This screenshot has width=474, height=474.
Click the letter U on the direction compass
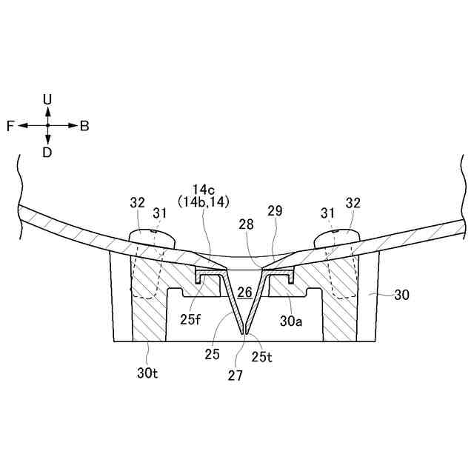point(47,99)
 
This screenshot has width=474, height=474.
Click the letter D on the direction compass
point(47,153)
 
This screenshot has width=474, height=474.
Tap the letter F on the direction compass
point(10,126)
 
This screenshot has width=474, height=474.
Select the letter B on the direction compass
point(84,126)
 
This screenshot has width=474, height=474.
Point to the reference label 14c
point(201,189)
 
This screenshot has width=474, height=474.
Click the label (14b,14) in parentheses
point(201,201)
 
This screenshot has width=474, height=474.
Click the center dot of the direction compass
point(47,126)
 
